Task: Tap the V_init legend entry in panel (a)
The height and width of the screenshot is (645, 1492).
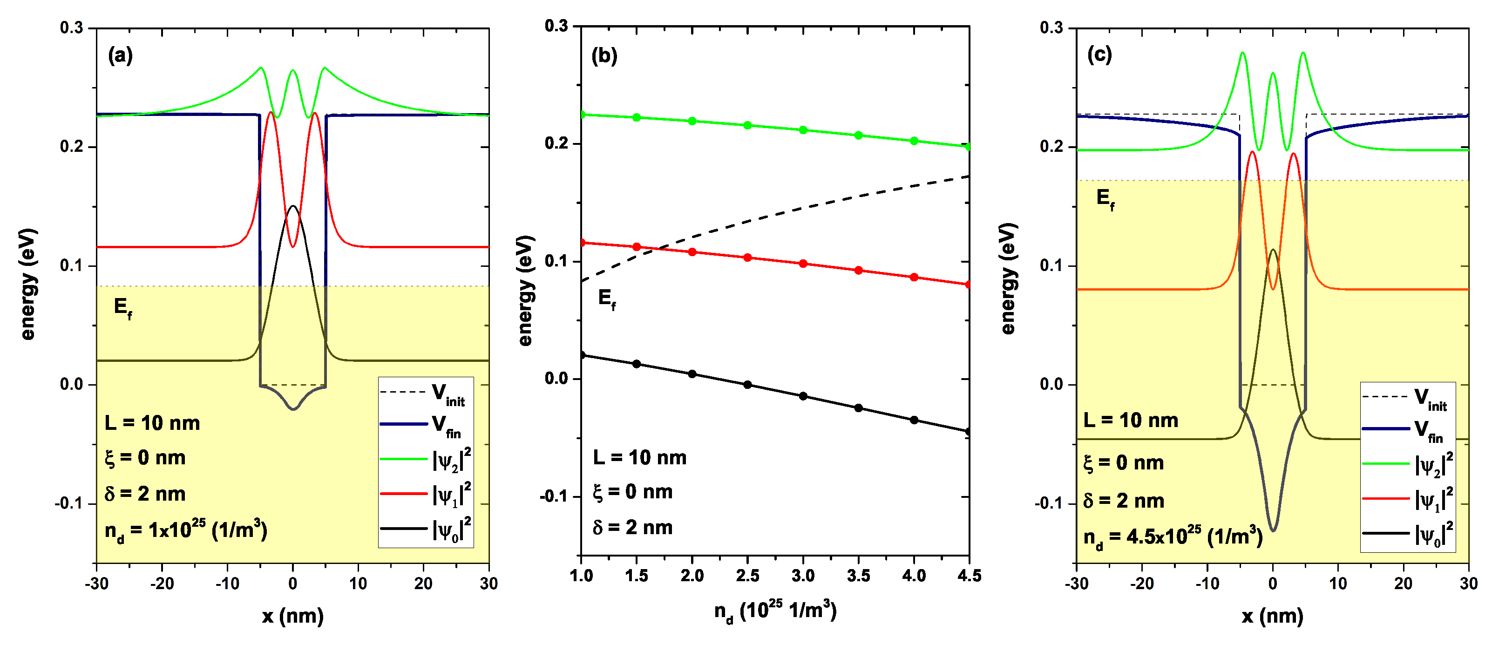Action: click(426, 394)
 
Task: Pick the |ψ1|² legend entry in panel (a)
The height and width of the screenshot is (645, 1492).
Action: click(426, 494)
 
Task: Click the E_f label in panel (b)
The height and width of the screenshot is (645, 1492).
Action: click(606, 299)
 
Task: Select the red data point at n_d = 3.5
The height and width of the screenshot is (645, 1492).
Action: click(858, 271)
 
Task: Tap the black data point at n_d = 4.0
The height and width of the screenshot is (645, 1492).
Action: click(914, 420)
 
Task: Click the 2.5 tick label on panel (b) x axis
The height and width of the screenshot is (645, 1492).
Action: click(747, 576)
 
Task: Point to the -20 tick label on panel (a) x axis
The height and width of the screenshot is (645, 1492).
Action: click(162, 584)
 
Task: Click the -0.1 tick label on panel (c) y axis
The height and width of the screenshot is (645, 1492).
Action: click(1049, 503)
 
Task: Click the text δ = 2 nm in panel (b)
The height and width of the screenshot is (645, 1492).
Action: click(632, 528)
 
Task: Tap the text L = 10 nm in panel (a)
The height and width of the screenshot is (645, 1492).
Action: click(152, 423)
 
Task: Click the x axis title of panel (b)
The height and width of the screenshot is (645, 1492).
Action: click(775, 611)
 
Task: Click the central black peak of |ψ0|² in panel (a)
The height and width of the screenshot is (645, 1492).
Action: click(293, 206)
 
